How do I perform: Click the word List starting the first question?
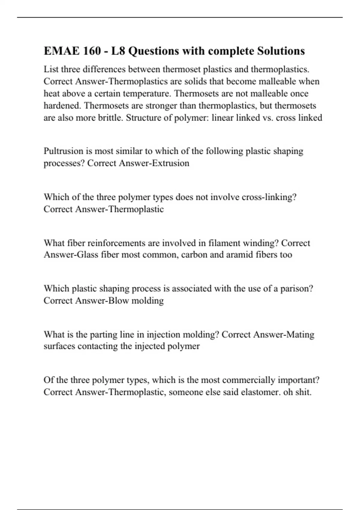(51, 69)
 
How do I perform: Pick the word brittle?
(110, 118)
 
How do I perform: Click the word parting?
(104, 334)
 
